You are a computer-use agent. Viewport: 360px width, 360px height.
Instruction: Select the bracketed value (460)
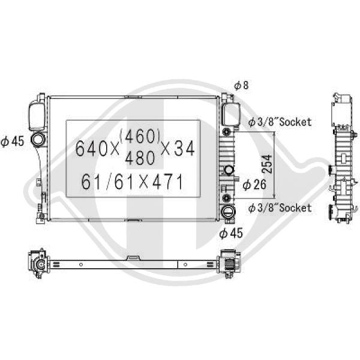point(139,136)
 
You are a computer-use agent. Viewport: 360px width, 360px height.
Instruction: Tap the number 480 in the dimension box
point(140,158)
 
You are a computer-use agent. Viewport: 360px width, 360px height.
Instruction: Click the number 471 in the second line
point(168,182)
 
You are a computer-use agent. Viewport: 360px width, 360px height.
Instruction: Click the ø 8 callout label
point(241,85)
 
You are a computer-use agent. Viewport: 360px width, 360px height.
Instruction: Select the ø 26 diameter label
point(254,184)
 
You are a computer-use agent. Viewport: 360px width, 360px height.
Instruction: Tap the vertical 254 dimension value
point(267,164)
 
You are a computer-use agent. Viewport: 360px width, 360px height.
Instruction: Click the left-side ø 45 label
point(13,141)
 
